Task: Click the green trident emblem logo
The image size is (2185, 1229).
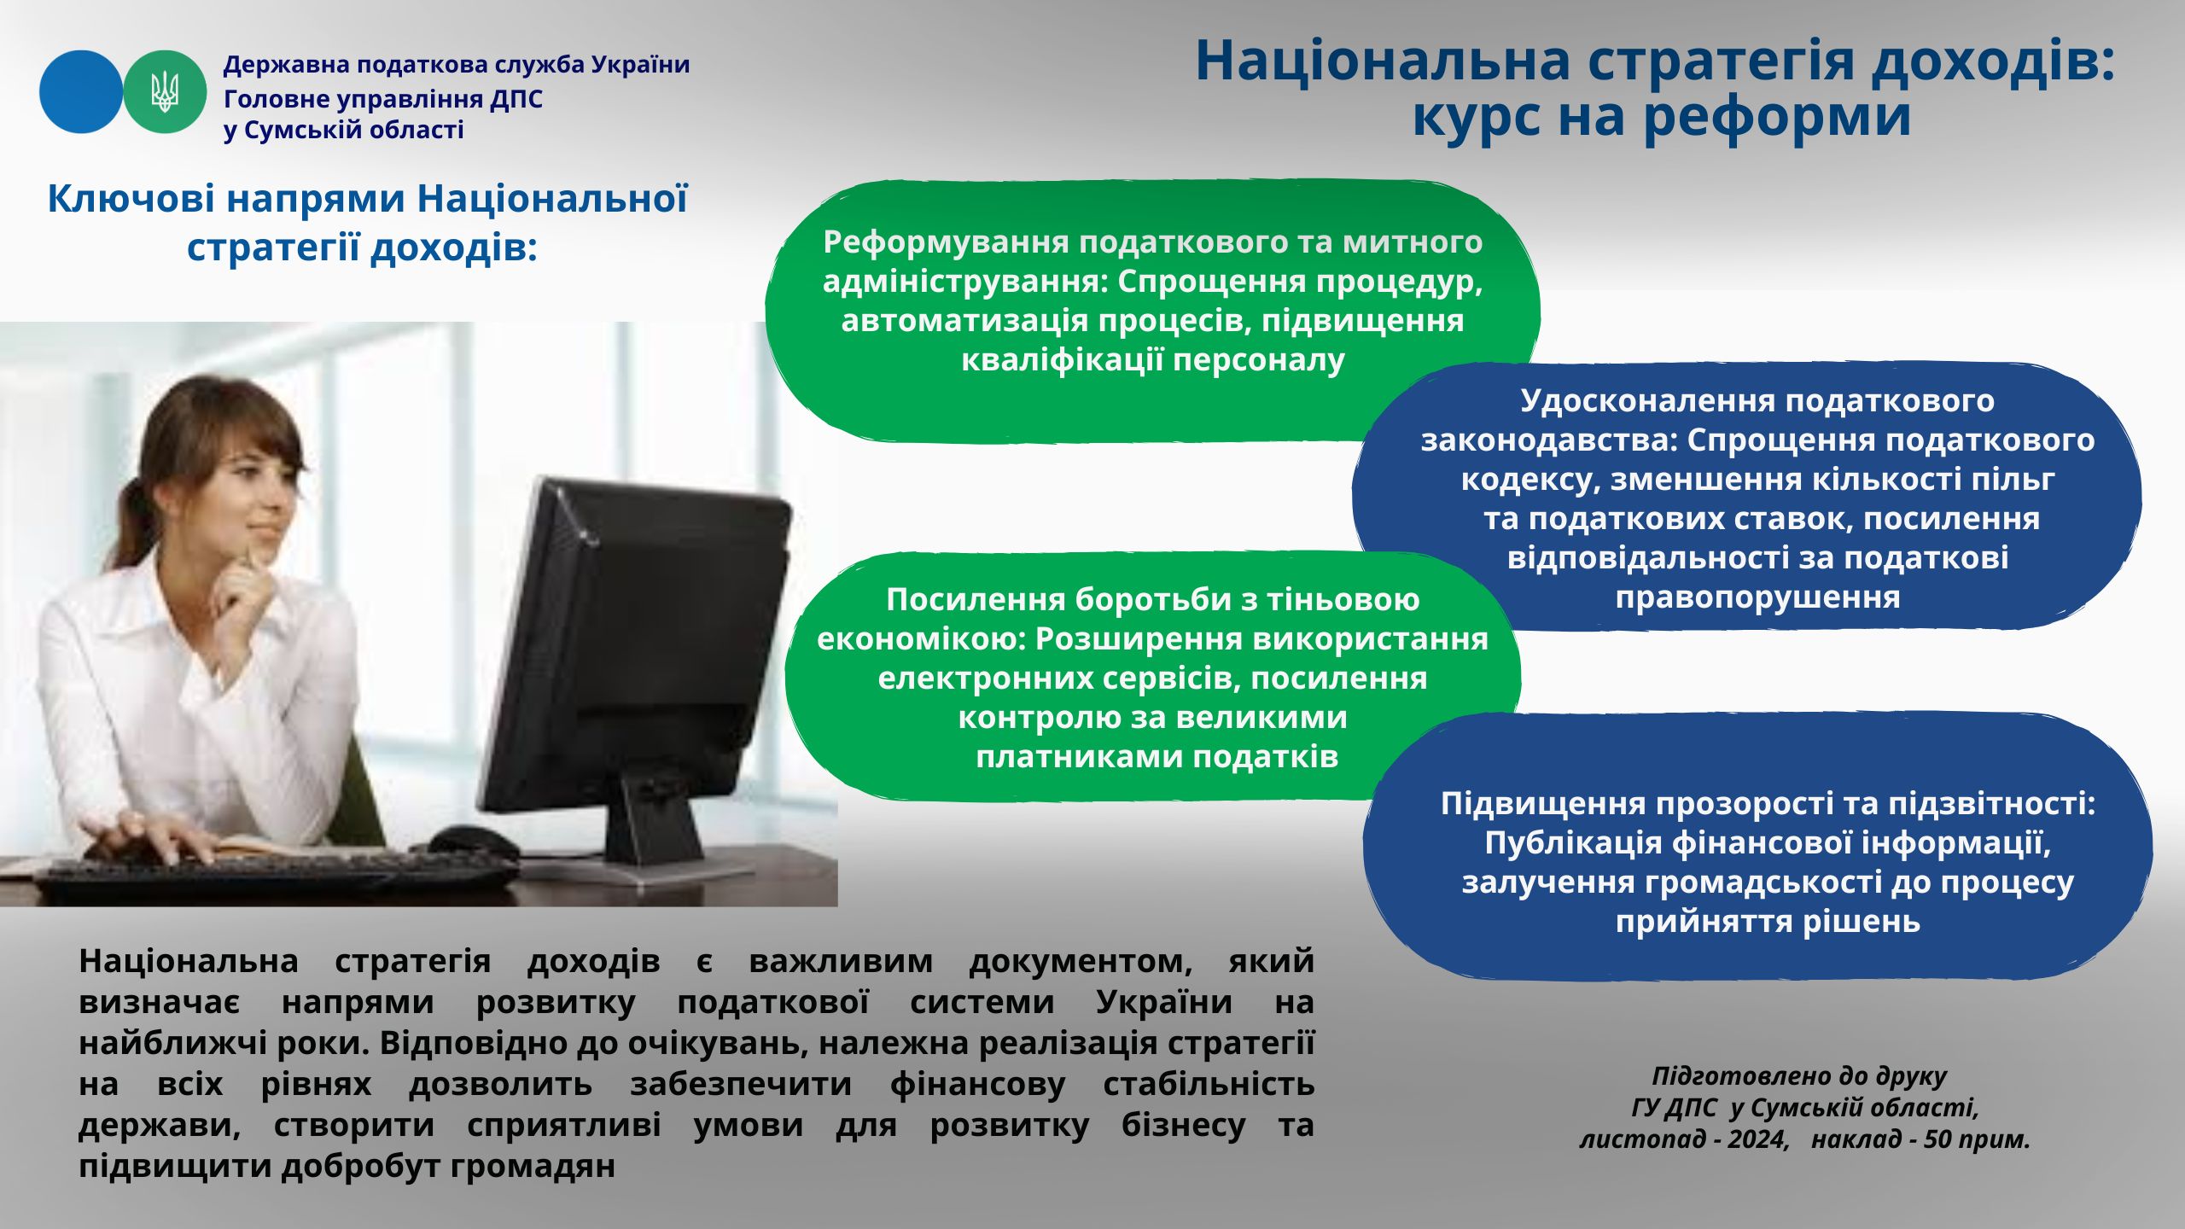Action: coord(165,91)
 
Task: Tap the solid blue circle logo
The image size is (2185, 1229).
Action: coord(81,91)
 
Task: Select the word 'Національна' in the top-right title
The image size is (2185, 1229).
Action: coord(1384,61)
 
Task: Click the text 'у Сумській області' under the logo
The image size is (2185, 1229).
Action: coord(344,131)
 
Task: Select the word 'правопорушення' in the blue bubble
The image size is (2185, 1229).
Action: coord(1757,597)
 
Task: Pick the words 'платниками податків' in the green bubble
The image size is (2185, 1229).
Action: coord(1157,757)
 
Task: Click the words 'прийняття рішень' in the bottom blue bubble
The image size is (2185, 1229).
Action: coord(1768,923)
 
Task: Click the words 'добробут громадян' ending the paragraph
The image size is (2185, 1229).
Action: coord(448,1167)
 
